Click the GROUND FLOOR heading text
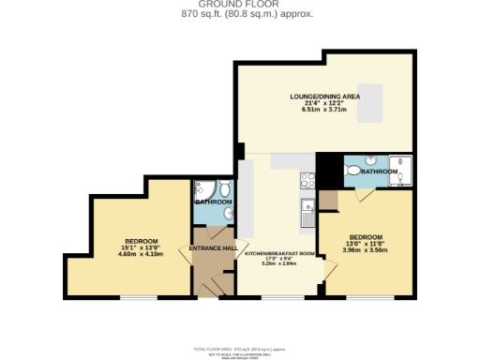pyautogui.click(x=239, y=5)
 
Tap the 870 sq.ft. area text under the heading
pyautogui.click(x=239, y=14)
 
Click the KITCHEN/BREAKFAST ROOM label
pyautogui.click(x=277, y=254)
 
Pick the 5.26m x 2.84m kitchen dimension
pyautogui.click(x=277, y=263)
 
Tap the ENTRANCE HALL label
pyautogui.click(x=211, y=247)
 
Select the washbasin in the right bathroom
pyautogui.click(x=372, y=159)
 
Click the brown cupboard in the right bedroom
pyautogui.click(x=328, y=199)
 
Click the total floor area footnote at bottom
pyautogui.click(x=239, y=348)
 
